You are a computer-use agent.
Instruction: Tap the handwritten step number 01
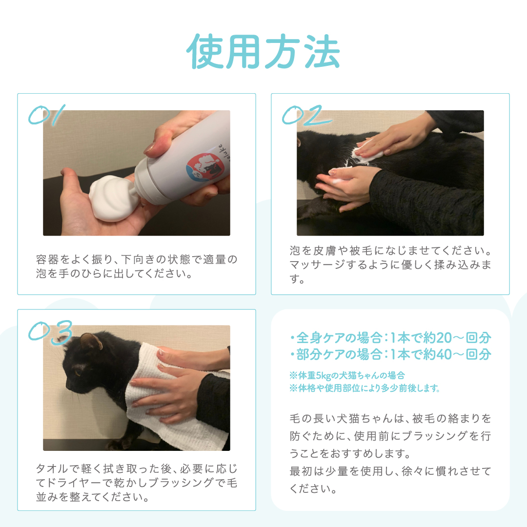(46, 115)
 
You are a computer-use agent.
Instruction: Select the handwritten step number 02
(306, 115)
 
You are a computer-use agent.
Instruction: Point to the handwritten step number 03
(50, 332)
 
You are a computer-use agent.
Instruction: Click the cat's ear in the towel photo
(91, 341)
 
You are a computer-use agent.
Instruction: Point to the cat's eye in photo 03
(78, 373)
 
